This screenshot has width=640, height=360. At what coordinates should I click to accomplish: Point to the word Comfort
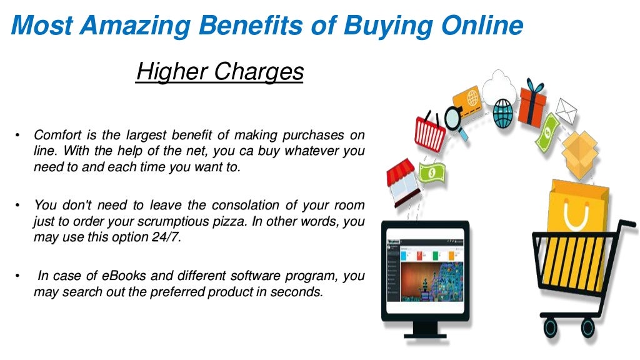[57, 136]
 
